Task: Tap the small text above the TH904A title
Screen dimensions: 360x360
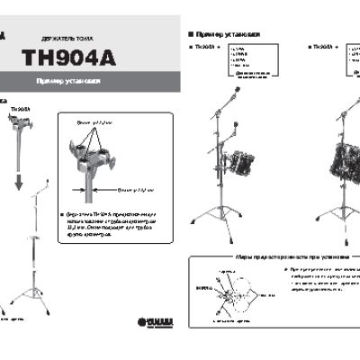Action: tap(64, 39)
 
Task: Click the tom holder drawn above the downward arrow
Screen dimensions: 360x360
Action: tap(19, 134)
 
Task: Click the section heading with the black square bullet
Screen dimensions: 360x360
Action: tap(225, 33)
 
